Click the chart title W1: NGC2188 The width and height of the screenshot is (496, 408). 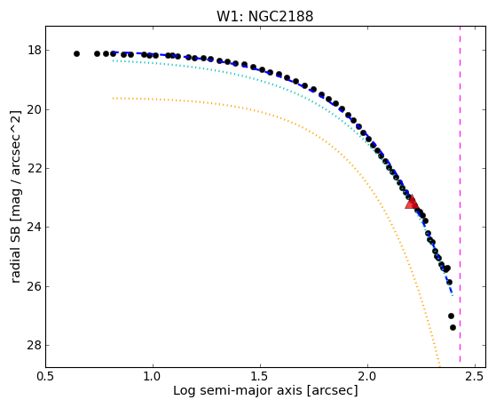265,17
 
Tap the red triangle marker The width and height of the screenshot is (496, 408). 412,203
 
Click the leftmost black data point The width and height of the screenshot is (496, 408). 76,54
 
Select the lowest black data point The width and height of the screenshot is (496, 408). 453,327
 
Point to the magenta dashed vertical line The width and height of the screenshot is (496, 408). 460,194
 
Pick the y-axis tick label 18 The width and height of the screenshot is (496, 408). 35,51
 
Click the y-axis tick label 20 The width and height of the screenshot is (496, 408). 35,109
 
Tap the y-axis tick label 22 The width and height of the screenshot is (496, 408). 35,168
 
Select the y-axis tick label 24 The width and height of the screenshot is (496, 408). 35,228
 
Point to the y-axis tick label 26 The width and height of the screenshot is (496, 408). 35,286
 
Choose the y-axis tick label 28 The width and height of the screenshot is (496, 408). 35,345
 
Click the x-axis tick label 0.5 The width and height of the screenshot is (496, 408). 46,377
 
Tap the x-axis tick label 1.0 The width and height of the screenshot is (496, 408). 154,377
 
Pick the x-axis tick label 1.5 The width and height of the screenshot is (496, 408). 260,377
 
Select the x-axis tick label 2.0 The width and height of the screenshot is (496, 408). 368,377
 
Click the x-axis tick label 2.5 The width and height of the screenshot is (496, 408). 475,377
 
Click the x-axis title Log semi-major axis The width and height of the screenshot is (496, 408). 238,391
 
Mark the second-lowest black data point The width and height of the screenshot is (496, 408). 451,316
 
